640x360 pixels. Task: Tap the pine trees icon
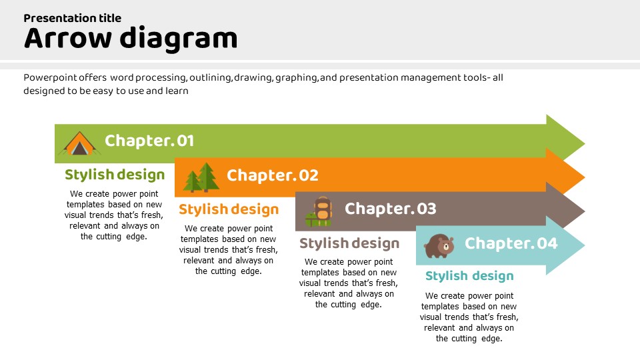(x=201, y=177)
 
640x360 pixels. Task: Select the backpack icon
(x=319, y=211)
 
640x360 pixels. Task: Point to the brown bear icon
(x=439, y=245)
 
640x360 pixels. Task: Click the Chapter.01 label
(x=149, y=141)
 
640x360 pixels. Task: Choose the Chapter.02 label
(x=273, y=175)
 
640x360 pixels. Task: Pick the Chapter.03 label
(x=390, y=209)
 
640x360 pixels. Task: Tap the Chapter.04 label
(x=511, y=243)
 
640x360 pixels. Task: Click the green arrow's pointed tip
(x=581, y=143)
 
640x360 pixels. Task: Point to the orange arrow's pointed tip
(x=581, y=177)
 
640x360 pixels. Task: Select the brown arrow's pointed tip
(x=581, y=211)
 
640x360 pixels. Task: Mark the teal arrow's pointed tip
(x=581, y=245)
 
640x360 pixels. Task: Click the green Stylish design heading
(x=115, y=175)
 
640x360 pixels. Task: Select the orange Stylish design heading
(x=229, y=209)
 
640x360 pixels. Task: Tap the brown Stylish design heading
(x=349, y=243)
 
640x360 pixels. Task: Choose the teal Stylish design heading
(x=469, y=276)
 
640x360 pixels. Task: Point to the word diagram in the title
(x=179, y=39)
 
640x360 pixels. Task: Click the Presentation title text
(x=73, y=18)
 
